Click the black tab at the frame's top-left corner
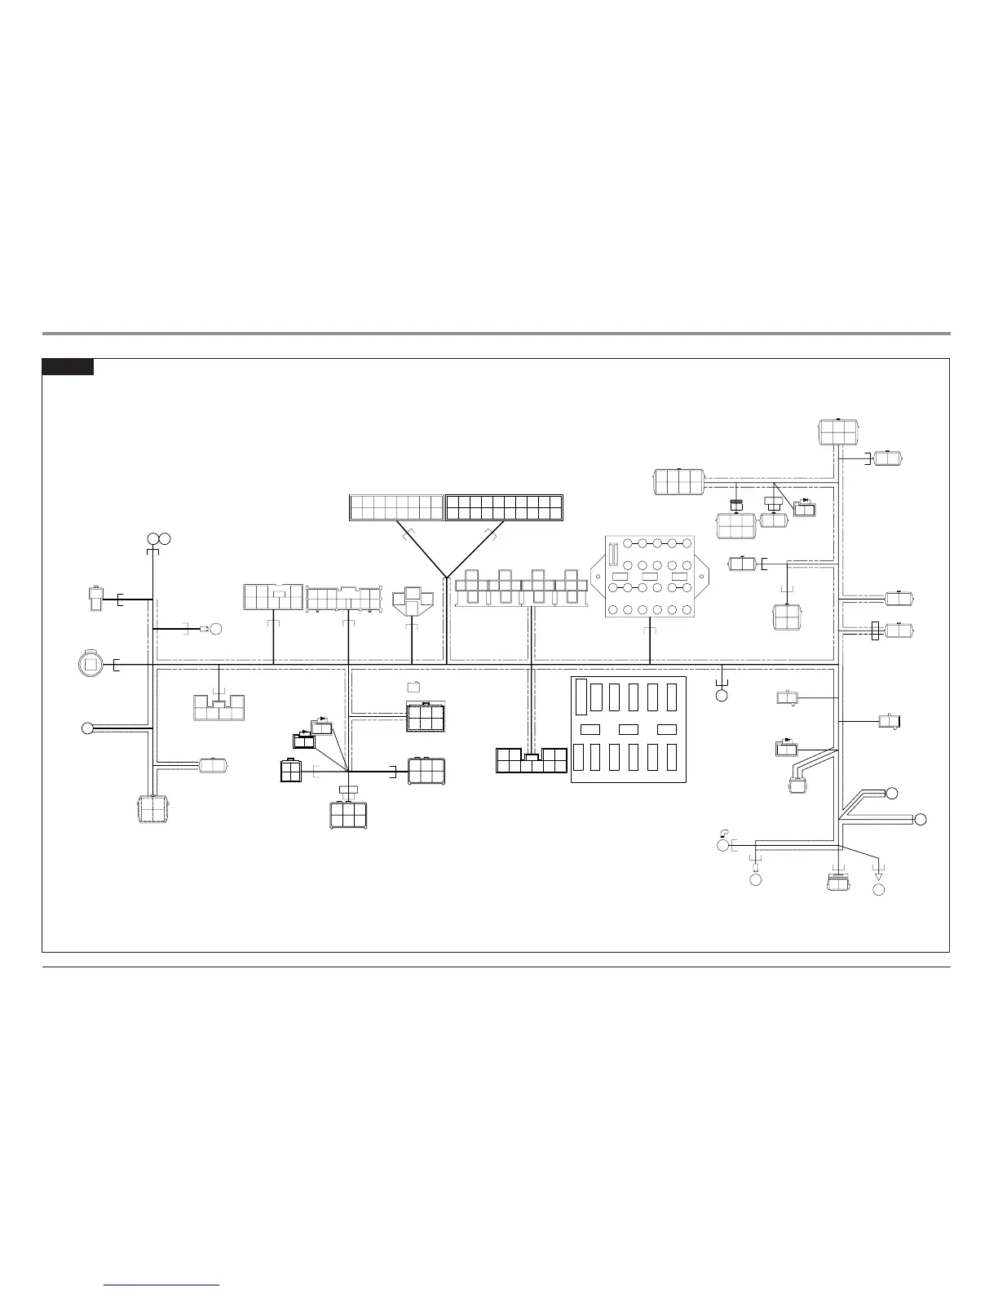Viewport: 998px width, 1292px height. click(68, 367)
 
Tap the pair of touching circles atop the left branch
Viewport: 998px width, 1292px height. click(158, 538)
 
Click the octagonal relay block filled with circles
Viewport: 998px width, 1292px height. click(650, 577)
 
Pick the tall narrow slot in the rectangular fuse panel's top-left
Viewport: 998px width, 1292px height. click(581, 697)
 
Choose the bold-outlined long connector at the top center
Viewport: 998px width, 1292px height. click(504, 507)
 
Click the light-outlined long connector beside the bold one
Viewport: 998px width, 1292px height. click(396, 507)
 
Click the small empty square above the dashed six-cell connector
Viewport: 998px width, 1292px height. click(413, 685)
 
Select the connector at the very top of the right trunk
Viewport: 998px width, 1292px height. click(839, 431)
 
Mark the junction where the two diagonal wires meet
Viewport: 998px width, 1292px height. click(446, 576)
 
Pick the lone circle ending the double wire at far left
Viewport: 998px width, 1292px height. click(87, 728)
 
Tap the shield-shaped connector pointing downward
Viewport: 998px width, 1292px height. click(412, 602)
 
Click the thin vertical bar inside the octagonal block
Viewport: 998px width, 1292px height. click(613, 553)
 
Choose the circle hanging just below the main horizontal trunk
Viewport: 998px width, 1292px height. click(722, 696)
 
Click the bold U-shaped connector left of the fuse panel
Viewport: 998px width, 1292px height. click(532, 760)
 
